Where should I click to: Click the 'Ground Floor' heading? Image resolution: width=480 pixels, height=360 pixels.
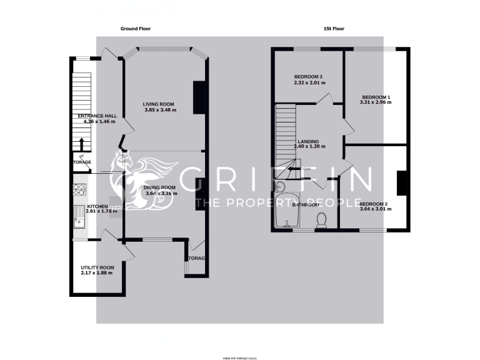[x=136, y=29]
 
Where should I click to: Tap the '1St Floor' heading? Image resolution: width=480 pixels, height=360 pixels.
[x=334, y=29]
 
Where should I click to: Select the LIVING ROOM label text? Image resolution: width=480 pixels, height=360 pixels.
[x=158, y=104]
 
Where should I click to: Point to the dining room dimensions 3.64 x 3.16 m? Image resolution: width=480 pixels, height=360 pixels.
[x=161, y=194]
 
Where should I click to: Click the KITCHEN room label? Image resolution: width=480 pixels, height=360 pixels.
[x=97, y=206]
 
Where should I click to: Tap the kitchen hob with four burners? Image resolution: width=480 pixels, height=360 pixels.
[x=79, y=187]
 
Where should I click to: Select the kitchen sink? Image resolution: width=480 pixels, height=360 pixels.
[x=79, y=216]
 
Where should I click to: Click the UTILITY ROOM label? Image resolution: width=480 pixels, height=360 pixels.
[x=97, y=267]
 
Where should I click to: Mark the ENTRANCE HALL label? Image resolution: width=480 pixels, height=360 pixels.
[x=97, y=116]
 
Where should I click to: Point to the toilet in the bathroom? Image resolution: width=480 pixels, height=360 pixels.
[x=322, y=220]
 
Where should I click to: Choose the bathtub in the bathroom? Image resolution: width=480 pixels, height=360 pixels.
[x=287, y=212]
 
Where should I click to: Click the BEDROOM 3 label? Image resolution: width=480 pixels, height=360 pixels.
[x=308, y=76]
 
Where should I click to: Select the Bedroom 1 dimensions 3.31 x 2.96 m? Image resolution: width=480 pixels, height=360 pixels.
[x=376, y=102]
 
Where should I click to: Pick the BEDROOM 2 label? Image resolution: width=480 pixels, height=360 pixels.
[x=376, y=204]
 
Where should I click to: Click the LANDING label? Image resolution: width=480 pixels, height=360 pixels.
[x=309, y=141]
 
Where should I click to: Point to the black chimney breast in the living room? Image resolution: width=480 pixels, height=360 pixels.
[x=199, y=98]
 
